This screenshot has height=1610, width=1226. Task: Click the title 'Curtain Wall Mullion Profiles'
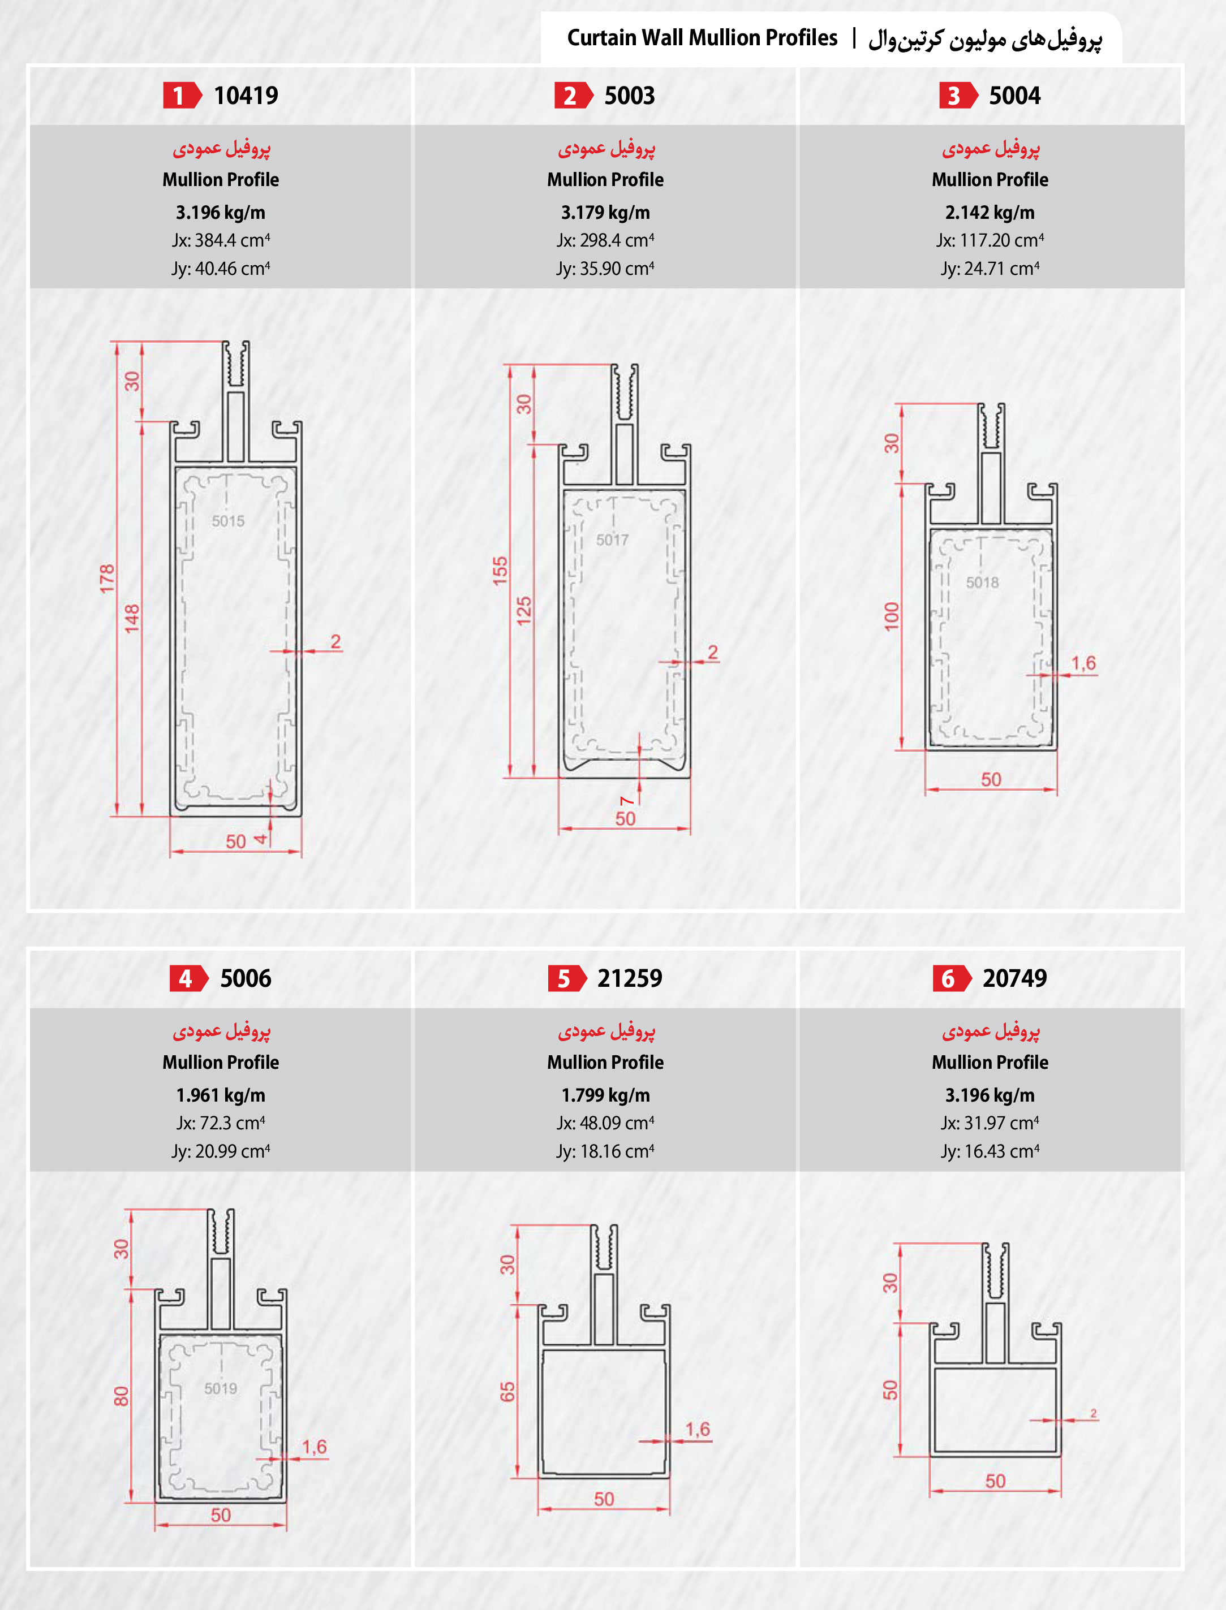pos(702,38)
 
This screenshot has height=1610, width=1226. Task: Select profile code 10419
pos(246,96)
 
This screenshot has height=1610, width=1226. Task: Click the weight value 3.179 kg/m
pos(605,212)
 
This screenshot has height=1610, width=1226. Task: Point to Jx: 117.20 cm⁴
pos(990,240)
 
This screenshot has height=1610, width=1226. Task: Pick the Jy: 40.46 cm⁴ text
pos(221,269)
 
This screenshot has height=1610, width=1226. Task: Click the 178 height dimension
pos(107,579)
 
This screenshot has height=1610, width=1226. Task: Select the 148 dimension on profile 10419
pos(131,618)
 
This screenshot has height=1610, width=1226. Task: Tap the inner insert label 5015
pos(229,521)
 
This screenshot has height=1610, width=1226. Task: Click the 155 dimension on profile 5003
pos(500,571)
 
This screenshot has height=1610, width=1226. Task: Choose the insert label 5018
pos(982,582)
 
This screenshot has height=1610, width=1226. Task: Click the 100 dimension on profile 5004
pos(892,616)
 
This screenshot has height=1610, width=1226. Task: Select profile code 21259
pos(630,978)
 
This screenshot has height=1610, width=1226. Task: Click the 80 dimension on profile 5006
pos(121,1396)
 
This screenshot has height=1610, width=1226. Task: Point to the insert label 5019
pos(221,1388)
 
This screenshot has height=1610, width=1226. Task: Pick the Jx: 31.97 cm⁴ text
pos(990,1123)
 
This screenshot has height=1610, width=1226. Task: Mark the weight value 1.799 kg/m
pos(605,1095)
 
